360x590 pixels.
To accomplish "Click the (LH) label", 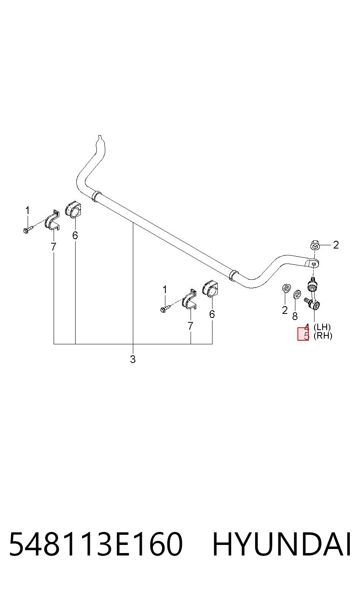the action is (x=322, y=327).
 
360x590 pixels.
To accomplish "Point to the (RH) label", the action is (x=323, y=336).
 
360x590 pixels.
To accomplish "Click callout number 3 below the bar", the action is (x=133, y=359).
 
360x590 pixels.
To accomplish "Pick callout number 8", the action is (x=295, y=316).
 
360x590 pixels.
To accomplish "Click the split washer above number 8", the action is (x=297, y=294).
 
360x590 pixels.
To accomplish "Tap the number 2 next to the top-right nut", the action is (x=336, y=245).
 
